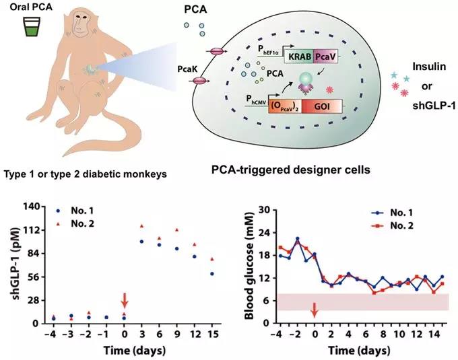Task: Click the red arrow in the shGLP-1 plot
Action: [123, 299]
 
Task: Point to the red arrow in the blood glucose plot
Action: [314, 310]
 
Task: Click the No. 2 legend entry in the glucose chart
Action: [404, 227]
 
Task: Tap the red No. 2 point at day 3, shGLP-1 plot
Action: [141, 226]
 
